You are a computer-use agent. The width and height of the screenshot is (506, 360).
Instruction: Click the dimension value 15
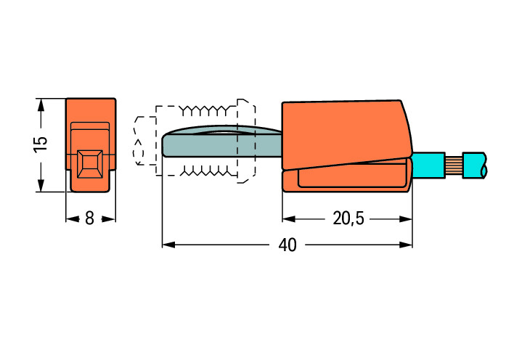click(x=41, y=145)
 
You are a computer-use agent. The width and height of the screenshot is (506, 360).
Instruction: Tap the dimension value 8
click(x=89, y=218)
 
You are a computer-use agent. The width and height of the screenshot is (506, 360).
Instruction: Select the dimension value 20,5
click(x=348, y=218)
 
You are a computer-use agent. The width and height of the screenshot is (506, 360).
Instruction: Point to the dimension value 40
click(x=287, y=245)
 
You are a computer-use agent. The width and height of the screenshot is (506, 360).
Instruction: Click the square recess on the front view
click(x=90, y=164)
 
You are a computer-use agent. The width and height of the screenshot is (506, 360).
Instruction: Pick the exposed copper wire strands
click(x=454, y=165)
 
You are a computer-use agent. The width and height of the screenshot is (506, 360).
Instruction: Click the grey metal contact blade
click(x=223, y=142)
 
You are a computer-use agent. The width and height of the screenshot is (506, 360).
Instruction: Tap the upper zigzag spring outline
click(x=205, y=110)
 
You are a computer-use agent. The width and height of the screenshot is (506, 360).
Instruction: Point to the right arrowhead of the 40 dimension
click(x=406, y=245)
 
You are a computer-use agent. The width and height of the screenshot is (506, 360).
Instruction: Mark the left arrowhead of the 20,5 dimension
click(x=289, y=219)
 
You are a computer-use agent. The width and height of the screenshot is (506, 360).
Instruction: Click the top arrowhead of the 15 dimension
click(x=41, y=105)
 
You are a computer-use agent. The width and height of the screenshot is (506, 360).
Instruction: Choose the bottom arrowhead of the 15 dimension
click(x=41, y=186)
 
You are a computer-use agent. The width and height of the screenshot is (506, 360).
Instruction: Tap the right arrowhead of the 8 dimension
click(x=109, y=219)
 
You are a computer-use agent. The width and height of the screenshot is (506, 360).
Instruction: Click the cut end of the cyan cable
click(x=483, y=165)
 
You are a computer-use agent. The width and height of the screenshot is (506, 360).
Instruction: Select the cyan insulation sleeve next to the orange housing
click(x=428, y=165)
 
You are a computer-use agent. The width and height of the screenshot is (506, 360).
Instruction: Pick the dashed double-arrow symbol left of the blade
click(x=139, y=152)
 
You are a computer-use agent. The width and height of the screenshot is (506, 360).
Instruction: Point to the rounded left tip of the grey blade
click(x=163, y=145)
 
